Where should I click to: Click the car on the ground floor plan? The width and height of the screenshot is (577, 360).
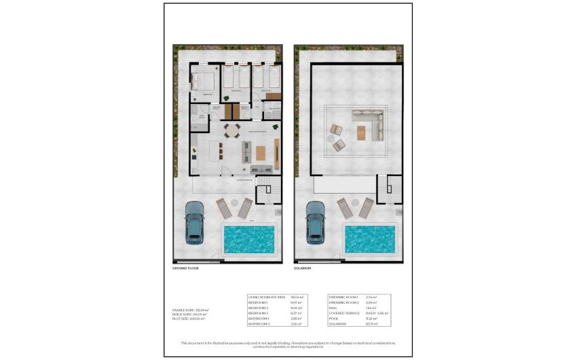pyautogui.click(x=196, y=222)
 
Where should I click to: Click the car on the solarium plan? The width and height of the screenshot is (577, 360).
pyautogui.click(x=316, y=222)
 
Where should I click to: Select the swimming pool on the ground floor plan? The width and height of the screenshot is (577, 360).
pyautogui.click(x=249, y=239)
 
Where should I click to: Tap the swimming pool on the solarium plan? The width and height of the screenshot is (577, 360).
pyautogui.click(x=369, y=239)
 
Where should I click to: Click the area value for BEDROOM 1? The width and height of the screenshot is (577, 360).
pyautogui.click(x=296, y=302)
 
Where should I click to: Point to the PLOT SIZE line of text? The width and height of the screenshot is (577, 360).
pyautogui.click(x=189, y=318)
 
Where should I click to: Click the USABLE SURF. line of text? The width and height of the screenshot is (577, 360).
pyautogui.click(x=191, y=310)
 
